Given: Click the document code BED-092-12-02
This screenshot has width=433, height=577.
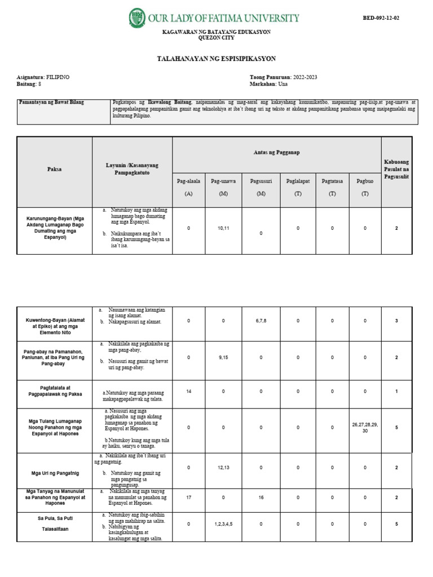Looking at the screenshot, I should coord(381,18).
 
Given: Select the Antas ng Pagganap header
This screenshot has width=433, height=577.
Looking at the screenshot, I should coord(276,152).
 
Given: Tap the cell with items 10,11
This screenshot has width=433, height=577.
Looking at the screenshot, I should coord(223,228).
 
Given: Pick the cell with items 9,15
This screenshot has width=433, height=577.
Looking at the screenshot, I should coord(223,357).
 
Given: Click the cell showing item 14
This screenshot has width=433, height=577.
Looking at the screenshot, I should coord(188,390).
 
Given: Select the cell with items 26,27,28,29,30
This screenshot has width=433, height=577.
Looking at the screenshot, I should coord(365,428).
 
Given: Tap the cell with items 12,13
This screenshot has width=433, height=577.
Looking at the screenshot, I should coord(223,467).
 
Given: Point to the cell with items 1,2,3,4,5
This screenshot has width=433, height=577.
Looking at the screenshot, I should coord(223,524).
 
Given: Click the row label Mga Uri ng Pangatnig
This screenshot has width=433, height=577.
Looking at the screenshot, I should coord(54,467).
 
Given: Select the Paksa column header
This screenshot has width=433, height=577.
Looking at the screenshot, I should coord(55,168).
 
